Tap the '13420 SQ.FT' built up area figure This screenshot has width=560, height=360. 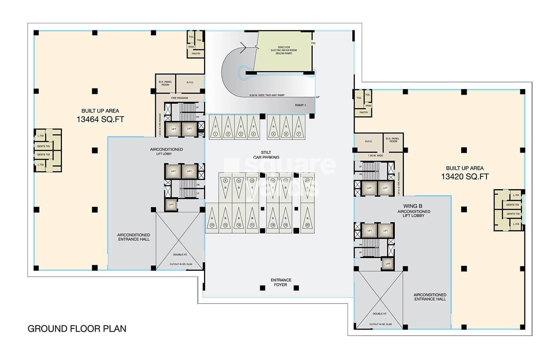tap(465, 176)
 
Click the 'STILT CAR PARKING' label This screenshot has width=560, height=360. tap(266, 155)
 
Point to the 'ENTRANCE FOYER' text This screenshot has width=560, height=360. tap(281, 282)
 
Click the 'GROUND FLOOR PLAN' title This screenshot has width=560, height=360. tap(77, 329)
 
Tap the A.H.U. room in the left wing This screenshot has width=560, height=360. tap(190, 83)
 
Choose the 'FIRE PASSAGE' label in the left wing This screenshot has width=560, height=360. tap(180, 98)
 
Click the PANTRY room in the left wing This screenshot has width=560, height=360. tap(196, 54)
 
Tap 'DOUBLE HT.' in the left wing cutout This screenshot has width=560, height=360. tap(179, 254)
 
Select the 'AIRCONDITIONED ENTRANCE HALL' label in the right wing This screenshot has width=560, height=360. tap(430, 297)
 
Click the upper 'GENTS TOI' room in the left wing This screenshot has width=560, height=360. tap(43, 146)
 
